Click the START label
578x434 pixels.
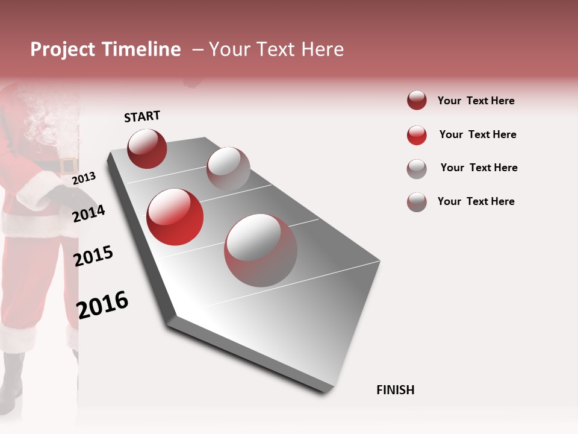pyautogui.click(x=142, y=116)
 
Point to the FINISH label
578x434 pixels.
pyautogui.click(x=395, y=390)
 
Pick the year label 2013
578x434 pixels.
pyautogui.click(x=84, y=178)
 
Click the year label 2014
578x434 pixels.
pyautogui.click(x=89, y=213)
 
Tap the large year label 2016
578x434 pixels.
pyautogui.click(x=102, y=305)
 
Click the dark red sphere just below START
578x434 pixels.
pyautogui.click(x=147, y=148)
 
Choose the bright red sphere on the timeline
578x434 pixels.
pyautogui.click(x=175, y=217)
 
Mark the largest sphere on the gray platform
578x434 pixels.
pyautogui.click(x=261, y=250)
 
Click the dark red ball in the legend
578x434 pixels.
pyautogui.click(x=417, y=101)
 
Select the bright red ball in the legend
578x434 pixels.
pyautogui.click(x=417, y=135)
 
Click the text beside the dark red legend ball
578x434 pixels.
pyautogui.click(x=476, y=101)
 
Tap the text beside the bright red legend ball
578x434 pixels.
pyautogui.click(x=477, y=134)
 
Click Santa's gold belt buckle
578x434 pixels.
pyautogui.click(x=67, y=165)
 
